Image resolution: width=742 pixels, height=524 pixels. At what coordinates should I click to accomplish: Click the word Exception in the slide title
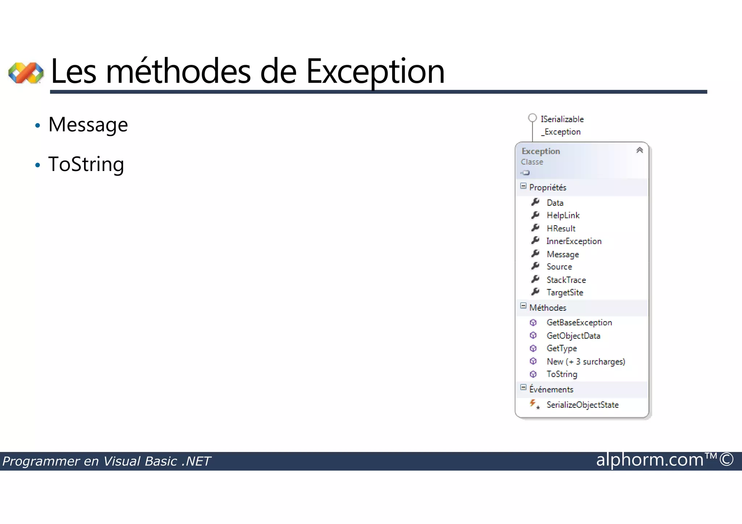click(375, 72)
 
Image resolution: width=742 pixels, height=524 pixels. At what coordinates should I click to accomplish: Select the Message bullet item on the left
click(88, 125)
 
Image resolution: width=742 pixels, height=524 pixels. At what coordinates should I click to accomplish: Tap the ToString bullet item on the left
click(86, 164)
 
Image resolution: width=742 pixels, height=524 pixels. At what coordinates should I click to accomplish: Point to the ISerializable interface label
click(562, 119)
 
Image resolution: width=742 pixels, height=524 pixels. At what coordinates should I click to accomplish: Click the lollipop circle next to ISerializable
click(532, 118)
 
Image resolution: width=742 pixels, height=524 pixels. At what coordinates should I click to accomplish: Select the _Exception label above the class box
click(561, 132)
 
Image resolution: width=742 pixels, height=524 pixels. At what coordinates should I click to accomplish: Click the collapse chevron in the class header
click(639, 150)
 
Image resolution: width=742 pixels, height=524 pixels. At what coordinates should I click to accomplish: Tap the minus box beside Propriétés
click(523, 186)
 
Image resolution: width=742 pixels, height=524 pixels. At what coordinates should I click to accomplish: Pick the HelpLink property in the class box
click(563, 215)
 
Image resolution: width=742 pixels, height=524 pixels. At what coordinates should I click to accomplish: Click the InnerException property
click(574, 241)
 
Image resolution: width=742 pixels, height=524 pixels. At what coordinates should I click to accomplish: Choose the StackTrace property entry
click(566, 280)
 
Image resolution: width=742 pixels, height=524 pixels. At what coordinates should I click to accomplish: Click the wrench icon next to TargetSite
click(535, 292)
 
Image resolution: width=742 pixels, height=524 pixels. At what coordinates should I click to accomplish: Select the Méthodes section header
click(547, 308)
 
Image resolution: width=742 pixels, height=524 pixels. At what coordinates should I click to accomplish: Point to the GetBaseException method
click(579, 323)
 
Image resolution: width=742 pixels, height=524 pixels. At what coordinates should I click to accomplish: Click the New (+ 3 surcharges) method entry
click(585, 361)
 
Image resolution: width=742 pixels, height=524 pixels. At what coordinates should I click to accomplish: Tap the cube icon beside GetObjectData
click(533, 336)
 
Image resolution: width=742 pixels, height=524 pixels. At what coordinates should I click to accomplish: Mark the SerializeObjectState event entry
click(582, 405)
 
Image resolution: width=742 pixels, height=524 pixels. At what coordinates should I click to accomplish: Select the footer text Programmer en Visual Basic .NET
click(107, 461)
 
